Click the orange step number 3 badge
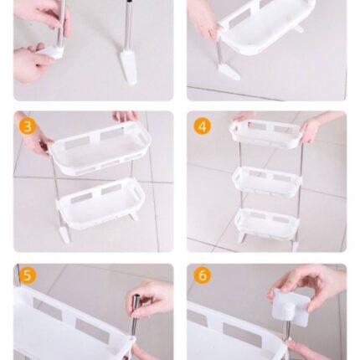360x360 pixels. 28,126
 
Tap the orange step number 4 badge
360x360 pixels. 203,126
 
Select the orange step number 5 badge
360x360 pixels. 28,275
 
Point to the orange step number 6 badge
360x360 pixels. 203,275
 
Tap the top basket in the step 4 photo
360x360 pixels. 266,133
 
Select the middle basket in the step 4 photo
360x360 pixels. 267,182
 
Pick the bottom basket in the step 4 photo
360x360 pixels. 266,223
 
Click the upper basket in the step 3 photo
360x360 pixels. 100,148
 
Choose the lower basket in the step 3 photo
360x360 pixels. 101,203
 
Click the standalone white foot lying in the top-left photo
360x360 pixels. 129,67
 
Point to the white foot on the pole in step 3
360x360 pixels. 64,234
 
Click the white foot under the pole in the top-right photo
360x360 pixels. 229,72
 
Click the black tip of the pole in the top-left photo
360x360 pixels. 129,2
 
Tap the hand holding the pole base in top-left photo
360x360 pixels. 31,62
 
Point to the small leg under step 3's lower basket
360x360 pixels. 135,215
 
